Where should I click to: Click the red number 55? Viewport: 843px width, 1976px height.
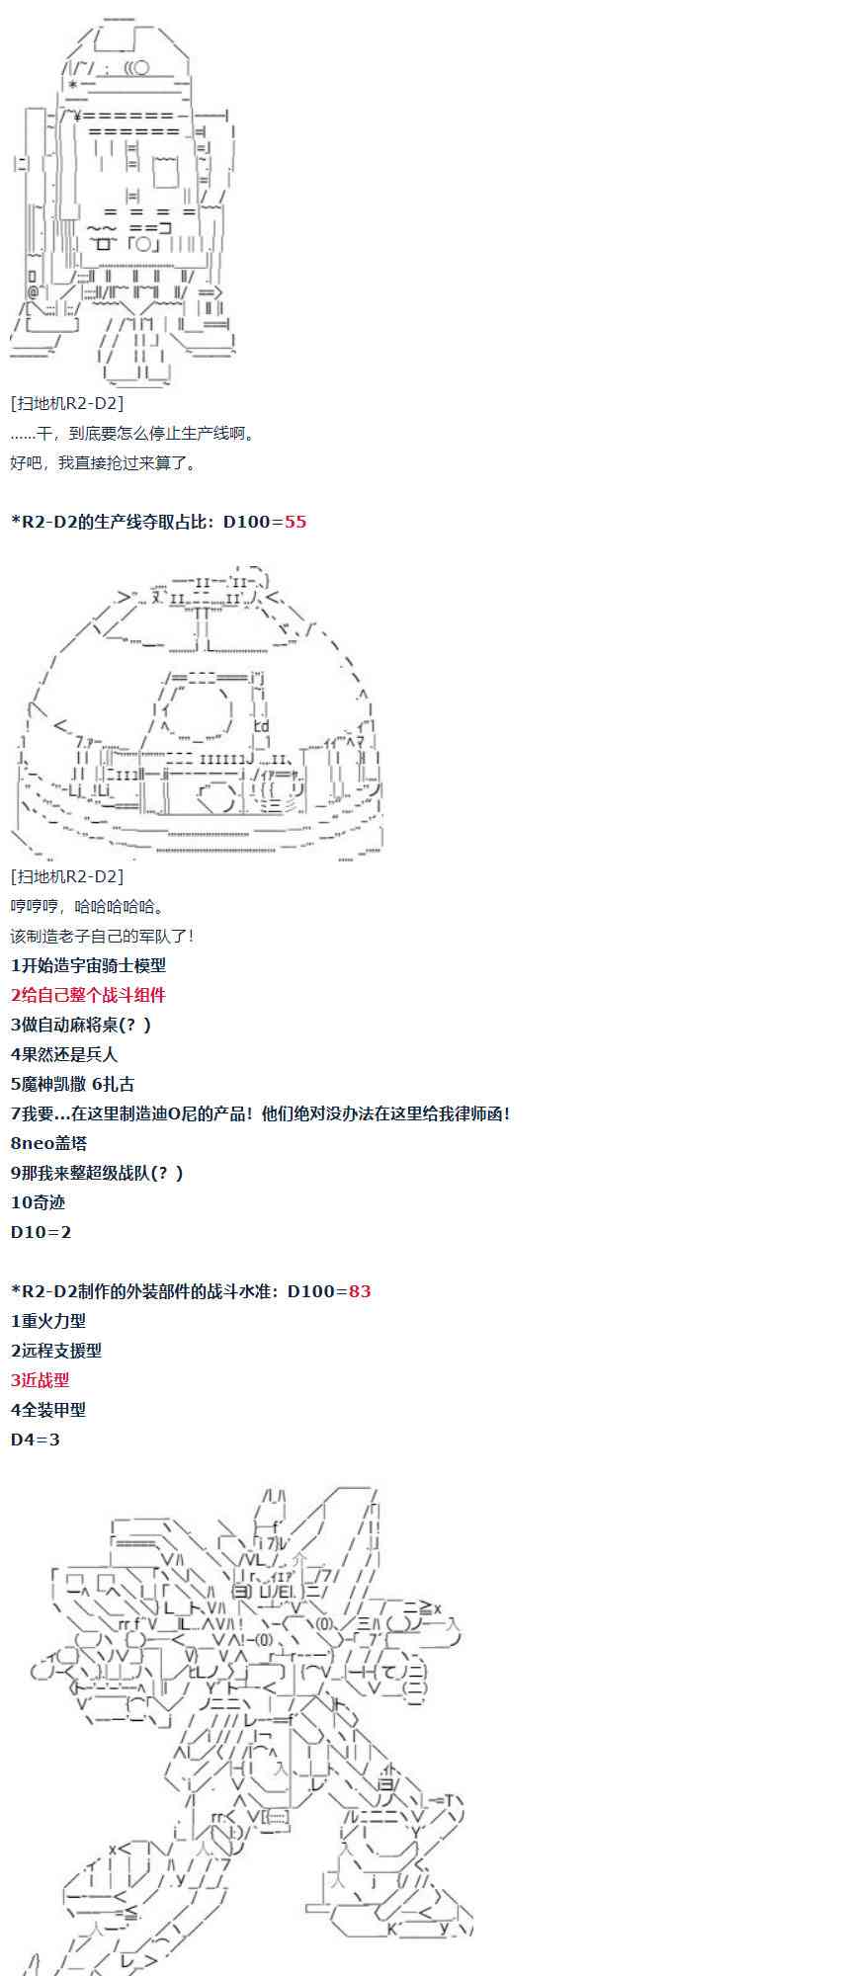pos(295,522)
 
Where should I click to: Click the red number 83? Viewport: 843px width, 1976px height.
pos(360,1291)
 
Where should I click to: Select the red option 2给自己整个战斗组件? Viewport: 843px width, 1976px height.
pos(88,995)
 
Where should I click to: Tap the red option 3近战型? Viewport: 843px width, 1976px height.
pos(41,1380)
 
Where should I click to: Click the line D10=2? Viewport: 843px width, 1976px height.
pos(42,1232)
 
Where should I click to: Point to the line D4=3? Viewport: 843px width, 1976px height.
pos(36,1440)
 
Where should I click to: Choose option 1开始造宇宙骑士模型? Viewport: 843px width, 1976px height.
pos(88,965)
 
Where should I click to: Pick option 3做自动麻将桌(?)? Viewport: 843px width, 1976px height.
pos(81,1025)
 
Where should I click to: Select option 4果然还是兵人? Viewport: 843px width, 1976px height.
pos(64,1054)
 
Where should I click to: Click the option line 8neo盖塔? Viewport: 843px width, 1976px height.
pos(49,1143)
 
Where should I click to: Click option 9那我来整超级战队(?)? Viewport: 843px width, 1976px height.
pos(97,1173)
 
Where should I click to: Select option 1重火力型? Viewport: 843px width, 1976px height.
pos(48,1321)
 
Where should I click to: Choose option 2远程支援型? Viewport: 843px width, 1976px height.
pos(56,1351)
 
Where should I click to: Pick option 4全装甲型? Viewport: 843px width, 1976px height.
pos(48,1410)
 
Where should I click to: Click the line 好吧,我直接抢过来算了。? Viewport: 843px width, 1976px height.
pos(104,462)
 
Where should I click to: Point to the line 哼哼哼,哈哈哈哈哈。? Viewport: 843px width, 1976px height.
pos(88,906)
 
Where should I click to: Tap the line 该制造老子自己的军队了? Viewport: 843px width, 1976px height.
pos(103,936)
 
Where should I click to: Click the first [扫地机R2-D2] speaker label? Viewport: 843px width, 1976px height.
pos(67,403)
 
